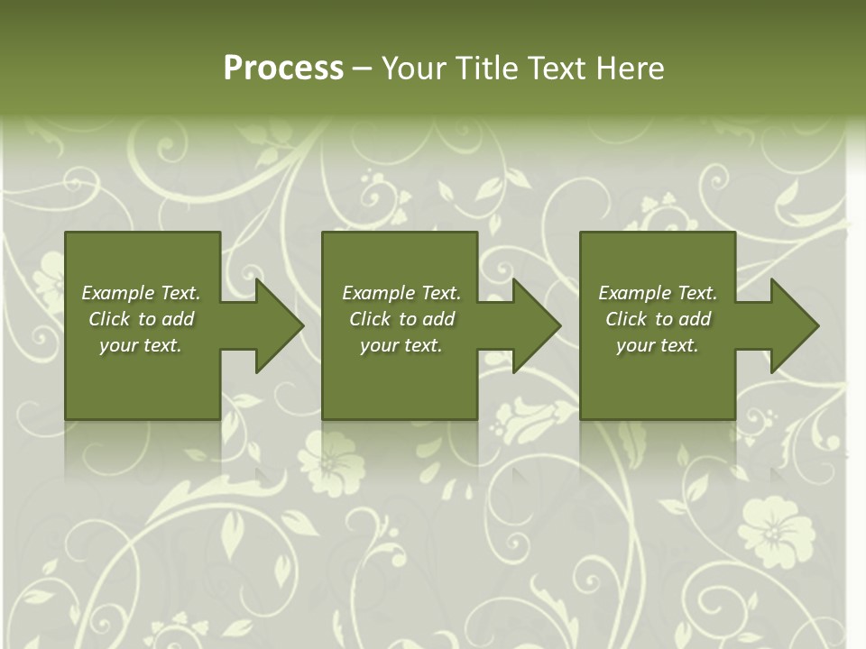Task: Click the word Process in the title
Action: point(283,69)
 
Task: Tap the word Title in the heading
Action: point(487,69)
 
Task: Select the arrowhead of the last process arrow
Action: point(793,325)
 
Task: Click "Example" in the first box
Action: point(118,293)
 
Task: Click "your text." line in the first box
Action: point(141,345)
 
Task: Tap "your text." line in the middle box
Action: point(401,345)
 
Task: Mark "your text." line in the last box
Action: point(658,345)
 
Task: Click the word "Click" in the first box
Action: point(109,319)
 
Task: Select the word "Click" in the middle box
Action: point(370,319)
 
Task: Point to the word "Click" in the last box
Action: point(626,319)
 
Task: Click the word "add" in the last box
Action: point(694,319)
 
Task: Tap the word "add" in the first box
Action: point(177,319)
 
